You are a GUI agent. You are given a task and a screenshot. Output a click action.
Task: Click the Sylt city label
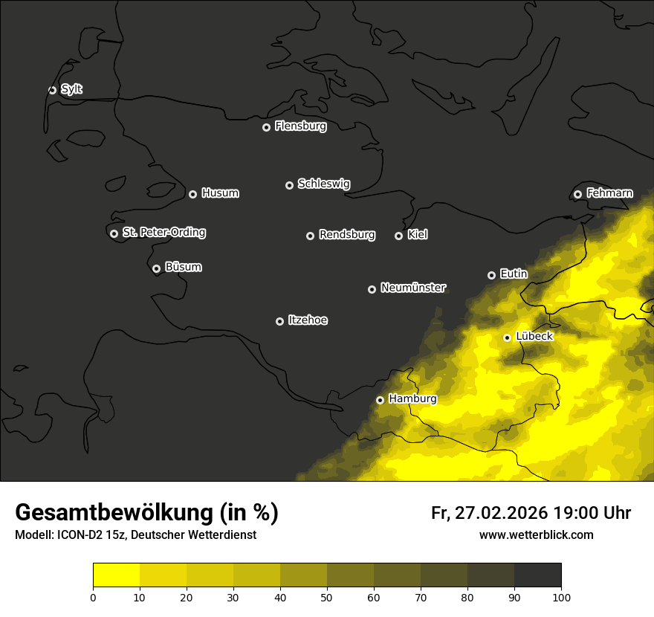coord(71,89)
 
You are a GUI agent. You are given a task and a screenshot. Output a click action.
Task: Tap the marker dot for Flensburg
coord(266,127)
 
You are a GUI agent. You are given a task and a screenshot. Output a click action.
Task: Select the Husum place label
coord(220,193)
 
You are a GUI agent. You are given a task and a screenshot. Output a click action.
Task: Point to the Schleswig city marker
coord(289,185)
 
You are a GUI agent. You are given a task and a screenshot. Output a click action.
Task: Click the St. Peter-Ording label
coord(163,233)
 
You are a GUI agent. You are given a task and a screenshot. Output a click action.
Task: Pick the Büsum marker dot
coord(156,269)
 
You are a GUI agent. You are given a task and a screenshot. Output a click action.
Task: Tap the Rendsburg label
coord(346,235)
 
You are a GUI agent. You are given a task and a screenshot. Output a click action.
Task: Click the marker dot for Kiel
coord(398,236)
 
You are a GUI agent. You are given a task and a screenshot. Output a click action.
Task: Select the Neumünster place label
coord(412,288)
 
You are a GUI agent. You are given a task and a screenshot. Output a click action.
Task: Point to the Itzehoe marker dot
coord(279,322)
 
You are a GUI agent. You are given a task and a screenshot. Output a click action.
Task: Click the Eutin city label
coord(514,274)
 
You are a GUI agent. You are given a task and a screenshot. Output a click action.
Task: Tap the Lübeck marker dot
coord(507,337)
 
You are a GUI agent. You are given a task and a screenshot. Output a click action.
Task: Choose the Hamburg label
coord(412,399)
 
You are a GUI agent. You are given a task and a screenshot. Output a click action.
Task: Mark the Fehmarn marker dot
coord(577,195)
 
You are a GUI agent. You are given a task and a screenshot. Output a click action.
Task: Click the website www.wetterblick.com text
coord(536,535)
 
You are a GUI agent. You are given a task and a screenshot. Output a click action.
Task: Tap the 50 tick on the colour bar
coord(327,597)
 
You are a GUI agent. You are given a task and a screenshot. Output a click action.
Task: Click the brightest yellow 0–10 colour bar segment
coord(116,575)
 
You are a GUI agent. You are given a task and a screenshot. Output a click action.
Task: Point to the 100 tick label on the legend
coord(561,597)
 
